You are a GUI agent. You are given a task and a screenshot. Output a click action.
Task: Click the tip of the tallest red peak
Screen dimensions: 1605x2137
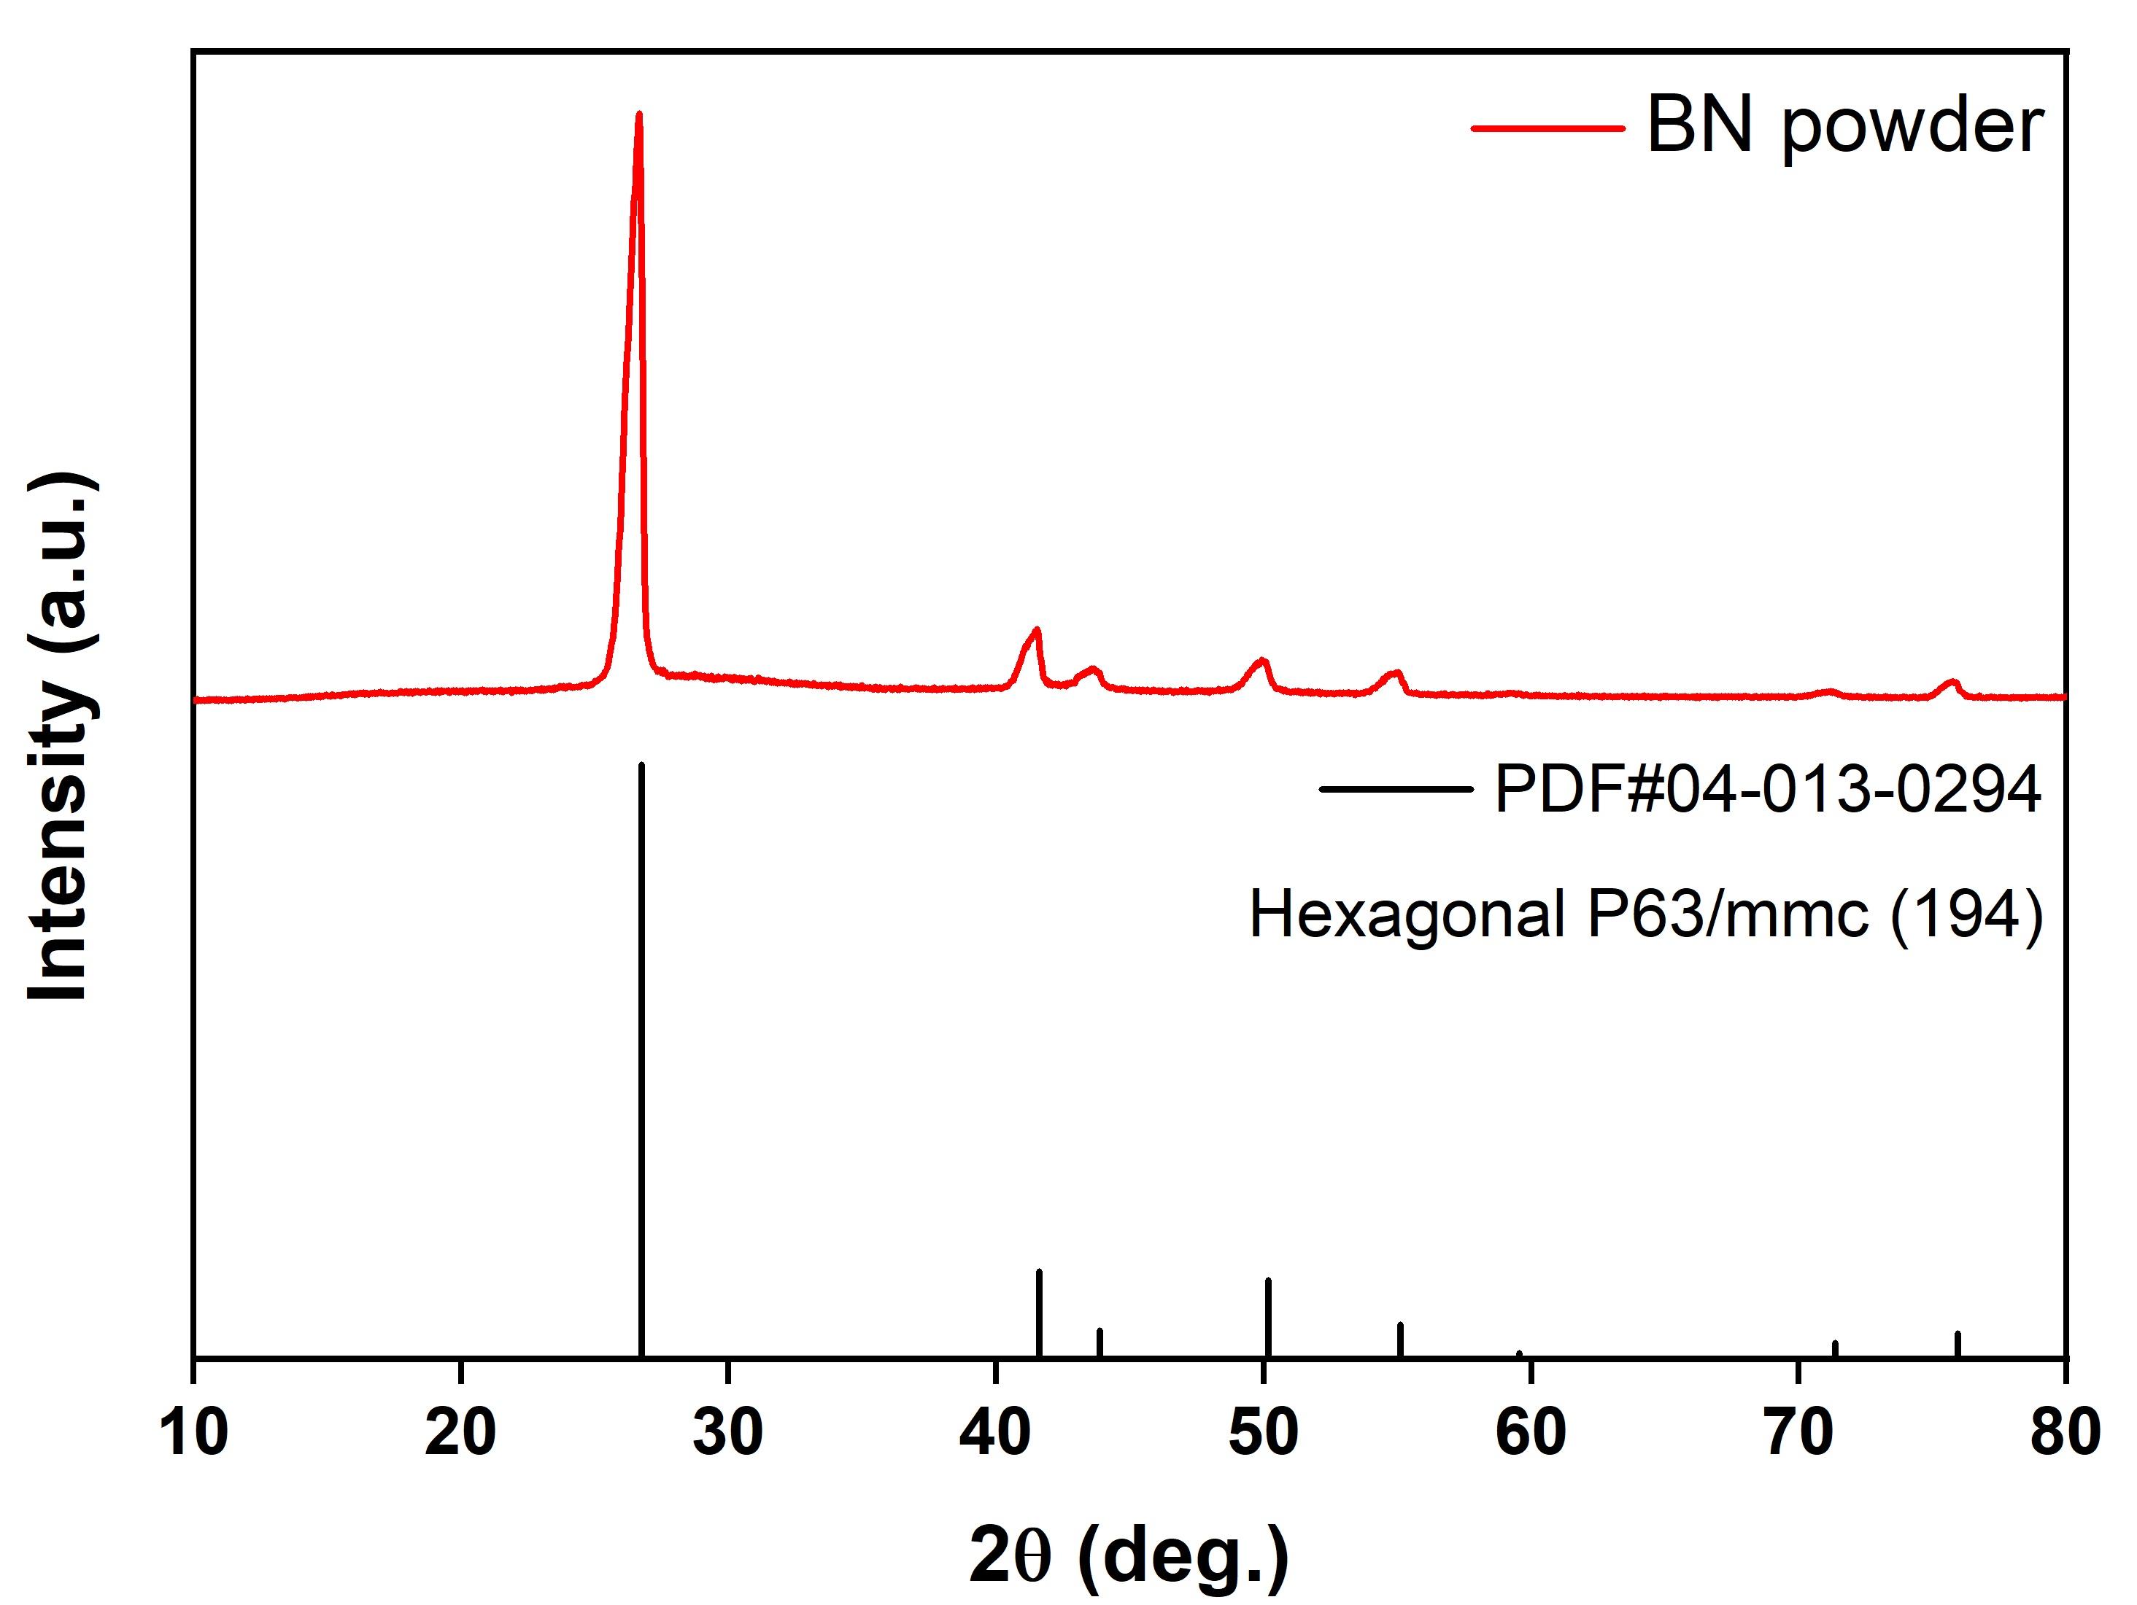tap(638, 115)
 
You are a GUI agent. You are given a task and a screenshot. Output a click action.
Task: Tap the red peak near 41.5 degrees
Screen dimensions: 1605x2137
tap(1037, 631)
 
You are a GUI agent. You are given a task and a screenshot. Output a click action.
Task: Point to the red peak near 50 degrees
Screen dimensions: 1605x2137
tap(1261, 661)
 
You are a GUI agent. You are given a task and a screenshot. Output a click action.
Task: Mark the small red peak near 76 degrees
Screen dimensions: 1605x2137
tap(1952, 683)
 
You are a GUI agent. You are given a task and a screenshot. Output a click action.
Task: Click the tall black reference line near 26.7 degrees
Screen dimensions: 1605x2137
tap(641, 1062)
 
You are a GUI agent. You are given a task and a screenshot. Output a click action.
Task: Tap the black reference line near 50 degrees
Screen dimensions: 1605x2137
tap(1269, 1319)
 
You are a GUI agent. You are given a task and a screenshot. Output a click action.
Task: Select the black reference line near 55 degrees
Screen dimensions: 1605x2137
tap(1401, 1341)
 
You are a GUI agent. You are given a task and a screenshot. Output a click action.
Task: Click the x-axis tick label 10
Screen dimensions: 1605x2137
tap(193, 1432)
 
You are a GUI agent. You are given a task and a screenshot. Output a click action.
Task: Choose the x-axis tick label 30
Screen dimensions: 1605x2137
tap(727, 1432)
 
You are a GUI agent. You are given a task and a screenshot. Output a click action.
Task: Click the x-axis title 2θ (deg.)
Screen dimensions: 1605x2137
tap(1129, 1555)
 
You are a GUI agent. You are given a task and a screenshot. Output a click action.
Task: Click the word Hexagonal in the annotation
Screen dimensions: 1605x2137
tap(1407, 914)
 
